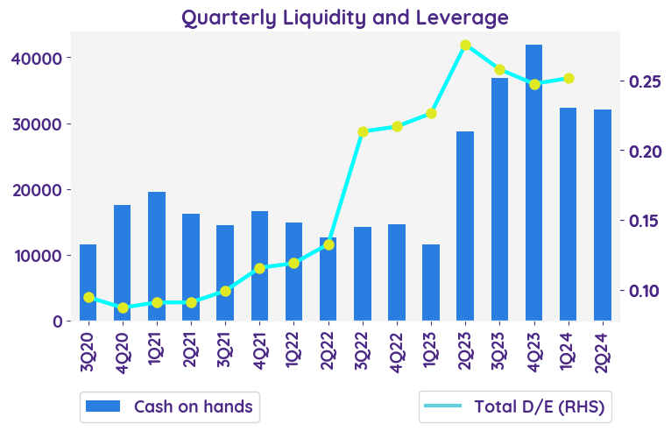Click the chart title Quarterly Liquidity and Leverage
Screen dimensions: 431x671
pos(344,18)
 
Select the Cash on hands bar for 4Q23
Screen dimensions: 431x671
pos(533,182)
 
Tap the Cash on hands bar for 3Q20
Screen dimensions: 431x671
pos(88,282)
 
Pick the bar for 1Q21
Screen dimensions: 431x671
pos(157,256)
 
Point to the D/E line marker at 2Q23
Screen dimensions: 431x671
pos(465,45)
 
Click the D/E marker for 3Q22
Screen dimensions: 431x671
pos(363,131)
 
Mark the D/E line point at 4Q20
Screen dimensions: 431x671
pos(123,307)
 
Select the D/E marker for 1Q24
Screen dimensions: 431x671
pos(568,78)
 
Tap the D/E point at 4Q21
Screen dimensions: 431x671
pos(259,268)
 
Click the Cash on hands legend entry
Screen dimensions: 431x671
pos(170,406)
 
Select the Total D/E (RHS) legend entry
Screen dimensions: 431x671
pos(515,406)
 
